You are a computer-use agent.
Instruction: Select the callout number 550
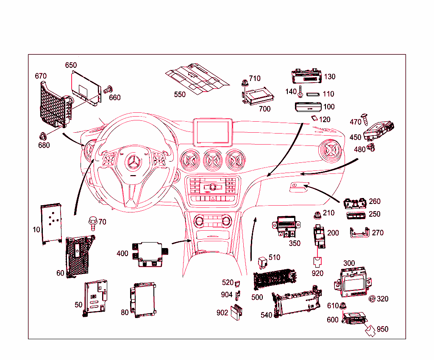[180, 95]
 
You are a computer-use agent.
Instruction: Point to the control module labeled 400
[148, 254]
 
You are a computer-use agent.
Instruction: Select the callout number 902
[223, 313]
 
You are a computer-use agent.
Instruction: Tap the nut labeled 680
[43, 136]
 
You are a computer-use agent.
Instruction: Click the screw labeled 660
[107, 89]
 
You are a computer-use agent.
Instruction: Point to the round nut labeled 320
[372, 299]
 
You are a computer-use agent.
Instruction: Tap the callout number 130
[329, 77]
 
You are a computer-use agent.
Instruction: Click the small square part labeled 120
[314, 118]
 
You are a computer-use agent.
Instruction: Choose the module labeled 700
[259, 97]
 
